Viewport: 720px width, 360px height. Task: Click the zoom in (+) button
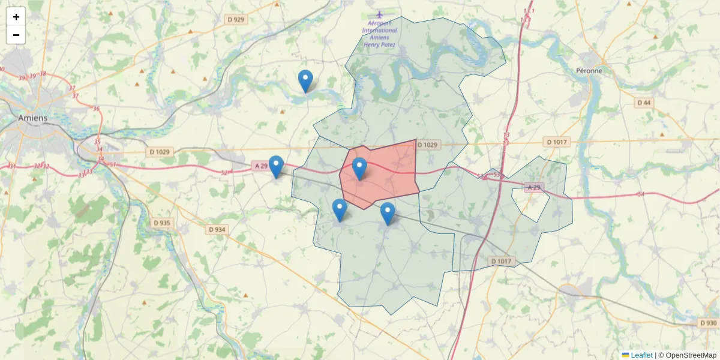pyautogui.click(x=16, y=17)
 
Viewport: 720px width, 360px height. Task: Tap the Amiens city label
pyautogui.click(x=32, y=118)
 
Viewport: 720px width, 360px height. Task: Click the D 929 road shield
pyautogui.click(x=236, y=20)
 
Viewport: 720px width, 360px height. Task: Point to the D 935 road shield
pyautogui.click(x=161, y=223)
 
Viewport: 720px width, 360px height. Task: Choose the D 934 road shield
pyautogui.click(x=217, y=229)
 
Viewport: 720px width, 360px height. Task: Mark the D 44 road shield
pyautogui.click(x=643, y=103)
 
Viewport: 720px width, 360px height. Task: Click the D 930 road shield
pyautogui.click(x=708, y=323)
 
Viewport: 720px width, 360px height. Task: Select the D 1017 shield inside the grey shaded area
pyautogui.click(x=501, y=261)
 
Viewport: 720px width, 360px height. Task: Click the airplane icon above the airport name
pyautogui.click(x=379, y=14)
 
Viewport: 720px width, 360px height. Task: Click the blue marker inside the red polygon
pyautogui.click(x=359, y=169)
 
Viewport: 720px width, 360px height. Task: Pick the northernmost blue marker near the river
pyautogui.click(x=305, y=81)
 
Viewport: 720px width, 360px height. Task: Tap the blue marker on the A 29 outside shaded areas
pyautogui.click(x=276, y=167)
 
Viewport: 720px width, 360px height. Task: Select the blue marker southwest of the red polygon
pyautogui.click(x=340, y=210)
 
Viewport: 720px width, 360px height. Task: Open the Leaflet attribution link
pyautogui.click(x=641, y=355)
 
